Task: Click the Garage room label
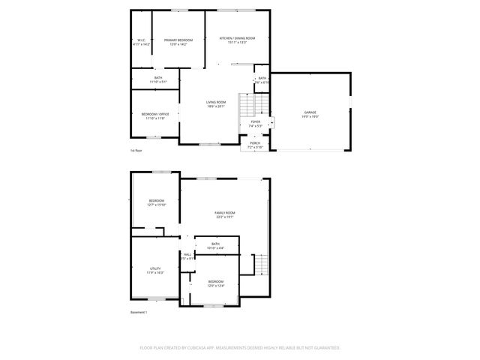pos(309,112)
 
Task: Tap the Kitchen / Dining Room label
pos(237,38)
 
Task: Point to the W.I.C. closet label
pos(142,40)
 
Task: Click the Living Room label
pos(216,102)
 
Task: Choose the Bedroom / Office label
pos(155,114)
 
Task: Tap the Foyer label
pos(255,121)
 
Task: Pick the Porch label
pos(255,143)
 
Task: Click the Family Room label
pos(226,213)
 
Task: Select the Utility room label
pos(155,268)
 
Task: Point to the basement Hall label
pos(187,254)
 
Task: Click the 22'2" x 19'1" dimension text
pos(226,217)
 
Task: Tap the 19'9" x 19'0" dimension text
pos(309,117)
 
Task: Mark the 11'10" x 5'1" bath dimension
pos(158,82)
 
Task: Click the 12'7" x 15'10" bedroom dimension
pos(156,205)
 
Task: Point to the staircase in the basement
pos(259,265)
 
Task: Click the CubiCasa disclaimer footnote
pos(240,347)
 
